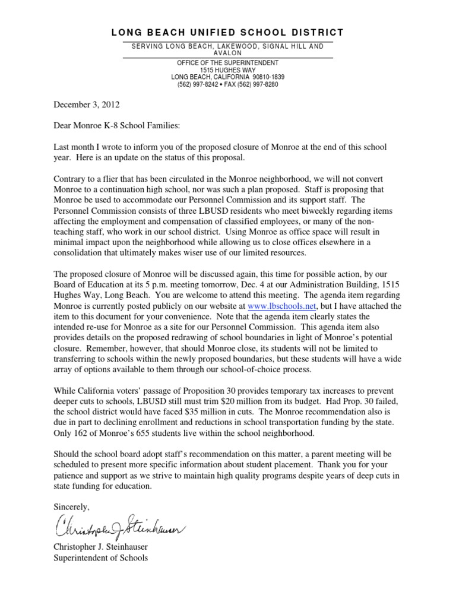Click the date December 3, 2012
(87, 104)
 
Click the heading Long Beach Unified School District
(228, 32)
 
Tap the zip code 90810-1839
(268, 77)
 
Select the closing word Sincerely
(72, 506)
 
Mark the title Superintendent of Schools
(101, 558)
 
